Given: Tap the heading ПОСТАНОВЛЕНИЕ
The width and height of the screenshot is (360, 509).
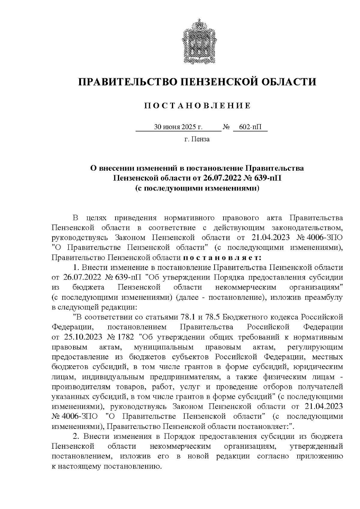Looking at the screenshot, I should (x=197, y=106).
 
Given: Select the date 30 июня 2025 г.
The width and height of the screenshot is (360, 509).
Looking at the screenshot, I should (x=178, y=127).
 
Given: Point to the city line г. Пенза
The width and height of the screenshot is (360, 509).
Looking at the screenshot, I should (x=197, y=139).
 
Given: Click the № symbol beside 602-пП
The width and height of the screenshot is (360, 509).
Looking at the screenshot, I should (x=226, y=127).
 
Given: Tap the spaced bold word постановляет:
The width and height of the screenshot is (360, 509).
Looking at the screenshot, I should (x=222, y=257).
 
